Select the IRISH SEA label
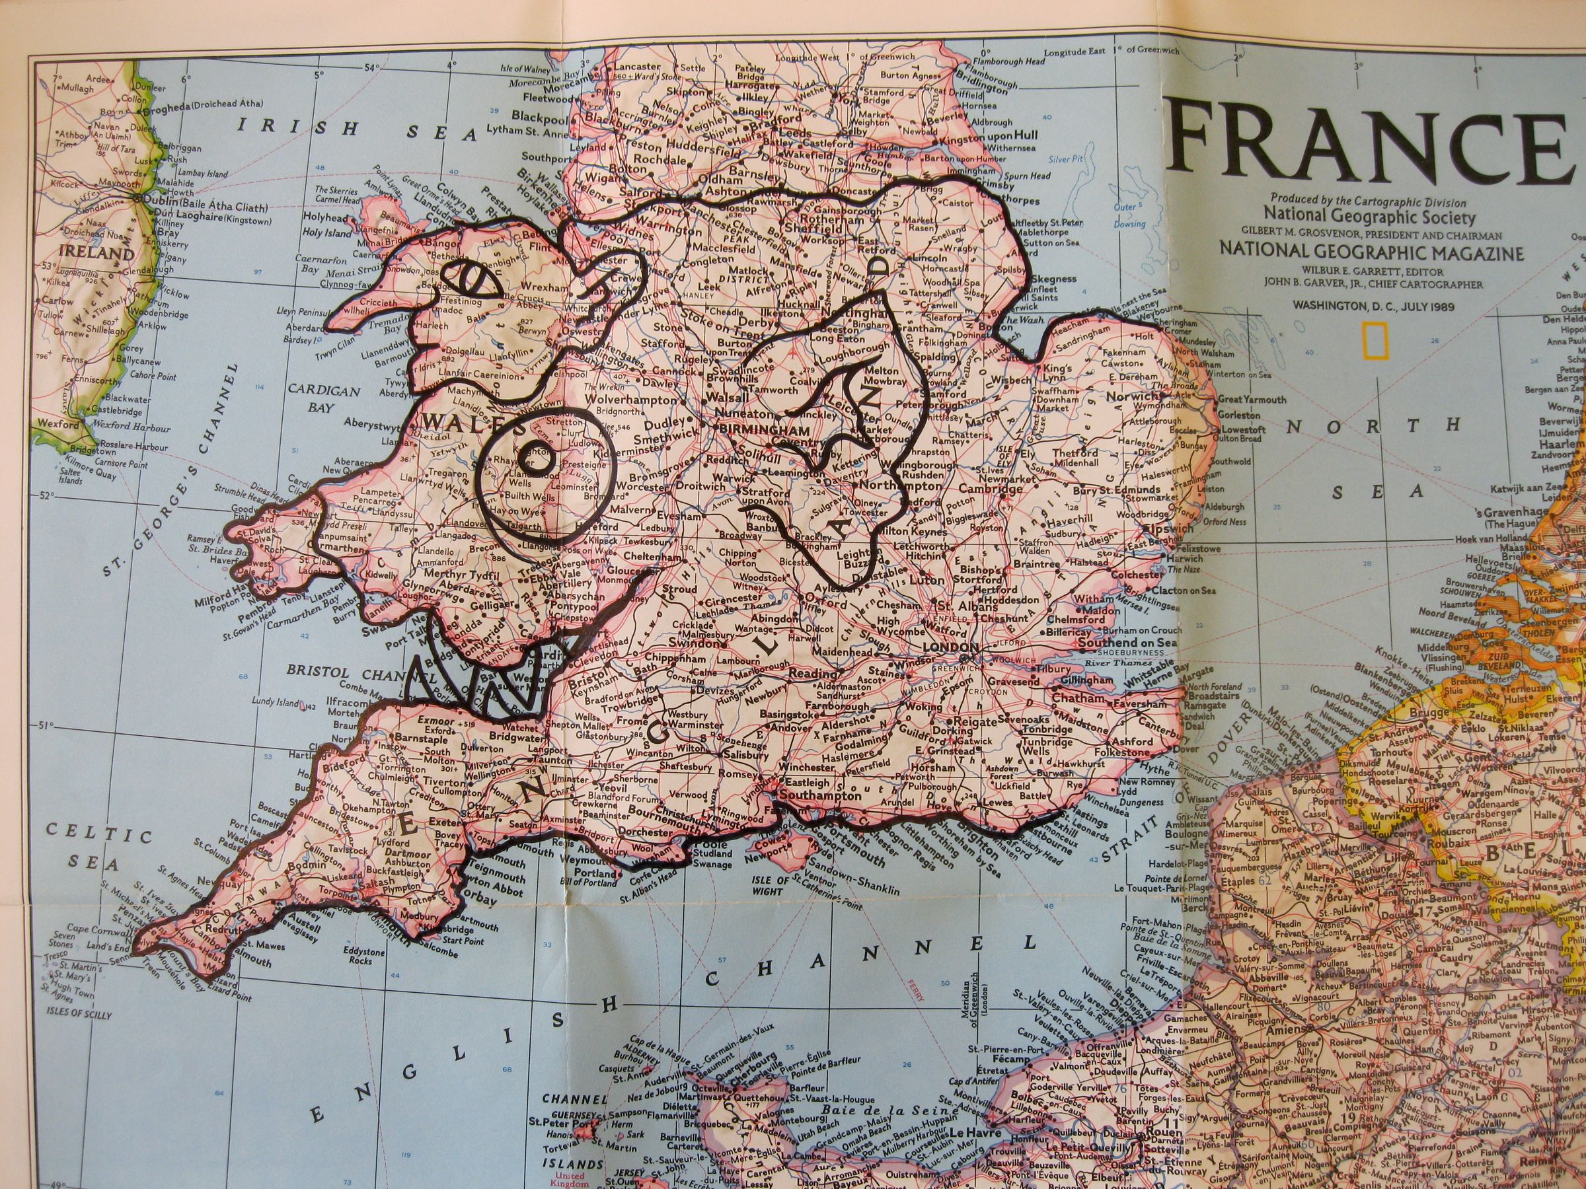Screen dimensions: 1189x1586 point(358,127)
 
